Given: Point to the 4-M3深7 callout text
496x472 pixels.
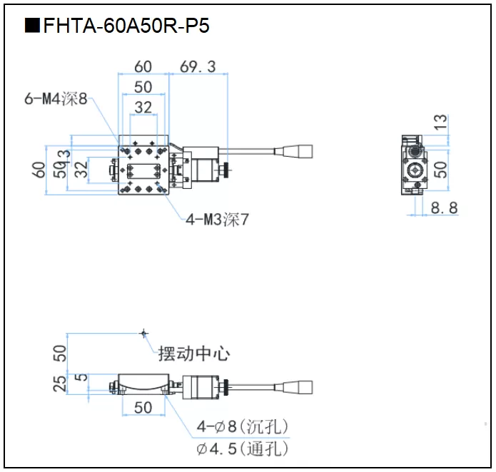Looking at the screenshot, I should [218, 220].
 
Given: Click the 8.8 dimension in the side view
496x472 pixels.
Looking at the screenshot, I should [444, 207].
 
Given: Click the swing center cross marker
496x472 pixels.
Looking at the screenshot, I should [144, 332].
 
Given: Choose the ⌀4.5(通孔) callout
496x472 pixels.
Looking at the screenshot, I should [243, 449].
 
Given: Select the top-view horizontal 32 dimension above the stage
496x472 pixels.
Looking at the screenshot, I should [143, 107].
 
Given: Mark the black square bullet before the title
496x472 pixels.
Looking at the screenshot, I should [32, 26].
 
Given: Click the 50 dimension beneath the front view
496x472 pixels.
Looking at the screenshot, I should [143, 407].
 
